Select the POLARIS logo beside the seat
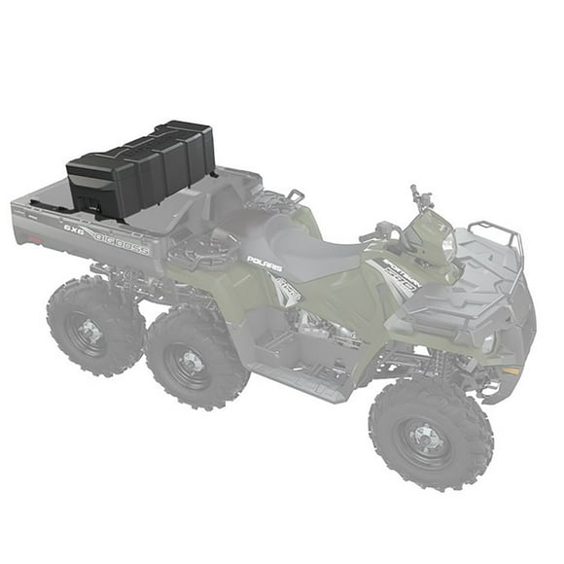pyautogui.click(x=264, y=262)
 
